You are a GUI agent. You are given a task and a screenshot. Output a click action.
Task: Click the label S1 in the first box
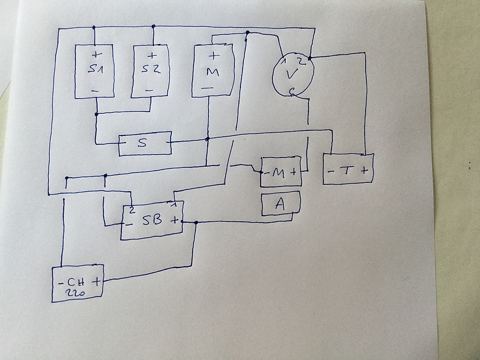pyautogui.click(x=96, y=69)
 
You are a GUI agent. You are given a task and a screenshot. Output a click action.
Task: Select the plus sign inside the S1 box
pyautogui.click(x=97, y=54)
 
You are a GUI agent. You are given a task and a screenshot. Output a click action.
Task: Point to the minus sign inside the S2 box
pyautogui.click(x=149, y=90)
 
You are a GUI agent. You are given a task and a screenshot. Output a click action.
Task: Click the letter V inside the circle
pyautogui.click(x=291, y=75)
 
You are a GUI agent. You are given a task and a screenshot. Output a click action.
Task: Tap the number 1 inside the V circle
pyautogui.click(x=284, y=61)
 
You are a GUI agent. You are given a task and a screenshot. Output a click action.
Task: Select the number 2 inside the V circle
pyautogui.click(x=302, y=61)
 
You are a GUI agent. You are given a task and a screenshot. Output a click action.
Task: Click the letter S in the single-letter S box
pyautogui.click(x=142, y=143)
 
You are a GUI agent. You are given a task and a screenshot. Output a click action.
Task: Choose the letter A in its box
pyautogui.click(x=279, y=203)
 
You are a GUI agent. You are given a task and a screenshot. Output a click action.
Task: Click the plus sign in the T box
pyautogui.click(x=364, y=170)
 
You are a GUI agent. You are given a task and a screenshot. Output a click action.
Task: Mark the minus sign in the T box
pyautogui.click(x=331, y=172)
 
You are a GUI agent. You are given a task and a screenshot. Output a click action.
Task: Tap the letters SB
pyautogui.click(x=152, y=219)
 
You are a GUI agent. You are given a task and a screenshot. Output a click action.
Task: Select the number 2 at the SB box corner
pyautogui.click(x=132, y=210)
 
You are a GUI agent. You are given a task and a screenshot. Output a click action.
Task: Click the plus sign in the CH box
pyautogui.click(x=97, y=281)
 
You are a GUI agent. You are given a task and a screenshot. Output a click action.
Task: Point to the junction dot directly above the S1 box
pyautogui.click(x=94, y=27)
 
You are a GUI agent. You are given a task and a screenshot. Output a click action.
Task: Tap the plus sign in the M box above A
pyautogui.click(x=293, y=172)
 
